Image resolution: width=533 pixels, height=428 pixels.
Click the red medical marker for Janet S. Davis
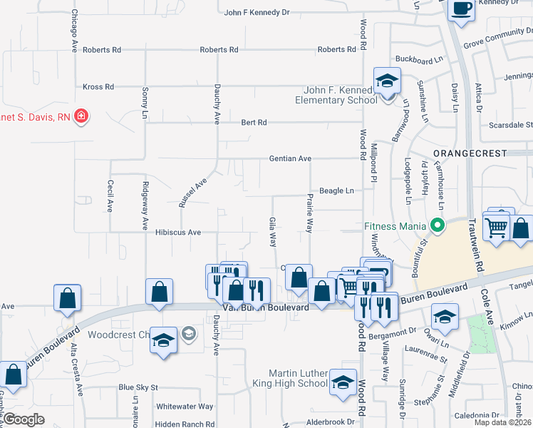click(x=81, y=115)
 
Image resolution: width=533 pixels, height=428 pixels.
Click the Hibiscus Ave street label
click(x=178, y=233)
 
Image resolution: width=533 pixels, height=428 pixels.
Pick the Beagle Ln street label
click(x=336, y=190)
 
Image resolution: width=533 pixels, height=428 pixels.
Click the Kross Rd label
click(x=98, y=87)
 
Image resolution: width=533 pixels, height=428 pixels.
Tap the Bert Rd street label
click(x=254, y=123)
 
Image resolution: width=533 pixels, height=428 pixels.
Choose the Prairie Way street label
click(x=310, y=213)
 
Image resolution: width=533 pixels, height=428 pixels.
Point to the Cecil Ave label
click(x=110, y=195)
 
